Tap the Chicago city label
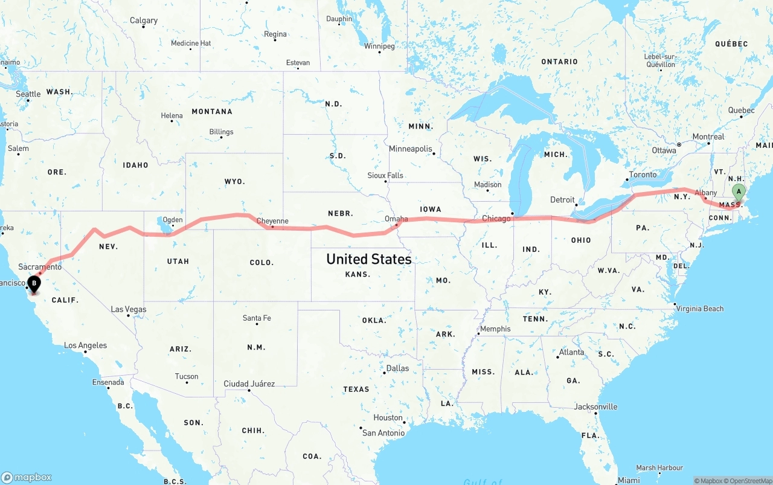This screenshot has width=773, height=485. point(496,218)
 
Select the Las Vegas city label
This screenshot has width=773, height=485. point(129,309)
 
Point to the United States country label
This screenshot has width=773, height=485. point(368,259)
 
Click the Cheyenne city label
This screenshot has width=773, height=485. point(272,221)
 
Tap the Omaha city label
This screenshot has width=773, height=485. point(396,219)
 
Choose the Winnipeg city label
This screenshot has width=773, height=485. point(379,46)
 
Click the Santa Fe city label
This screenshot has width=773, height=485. point(257,318)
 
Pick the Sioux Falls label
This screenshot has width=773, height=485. point(385,175)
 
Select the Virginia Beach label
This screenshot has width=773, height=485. point(700,309)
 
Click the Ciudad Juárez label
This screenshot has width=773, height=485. point(249,384)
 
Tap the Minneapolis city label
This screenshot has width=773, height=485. point(411,149)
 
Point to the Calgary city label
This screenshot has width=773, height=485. point(144,21)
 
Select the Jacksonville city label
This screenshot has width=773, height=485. point(595,406)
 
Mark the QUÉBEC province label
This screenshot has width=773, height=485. point(731,43)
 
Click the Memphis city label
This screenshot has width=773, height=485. point(495,329)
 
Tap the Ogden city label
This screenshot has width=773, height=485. point(173,220)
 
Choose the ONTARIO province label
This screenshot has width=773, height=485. point(559,62)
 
